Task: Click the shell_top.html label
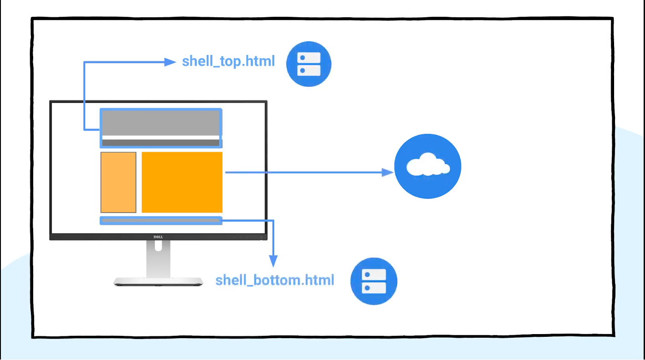(x=228, y=61)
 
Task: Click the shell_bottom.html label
(x=275, y=280)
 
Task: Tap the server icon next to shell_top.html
(x=309, y=64)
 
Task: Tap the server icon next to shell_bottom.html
(x=374, y=281)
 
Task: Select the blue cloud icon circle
(x=428, y=166)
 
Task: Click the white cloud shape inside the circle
(x=428, y=165)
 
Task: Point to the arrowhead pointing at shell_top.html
(x=170, y=62)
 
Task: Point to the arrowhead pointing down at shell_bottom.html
(x=273, y=261)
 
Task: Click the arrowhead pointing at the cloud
(x=387, y=173)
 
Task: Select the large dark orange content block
(x=182, y=182)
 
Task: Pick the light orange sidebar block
(x=118, y=182)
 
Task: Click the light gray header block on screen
(x=160, y=123)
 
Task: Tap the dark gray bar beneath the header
(x=160, y=143)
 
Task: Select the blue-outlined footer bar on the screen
(x=161, y=220)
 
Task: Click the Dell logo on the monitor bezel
(x=158, y=237)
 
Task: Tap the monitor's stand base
(x=158, y=281)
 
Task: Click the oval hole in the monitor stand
(x=158, y=245)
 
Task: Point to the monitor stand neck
(x=158, y=259)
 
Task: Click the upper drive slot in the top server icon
(x=309, y=58)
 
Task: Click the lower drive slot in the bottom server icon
(x=374, y=288)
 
